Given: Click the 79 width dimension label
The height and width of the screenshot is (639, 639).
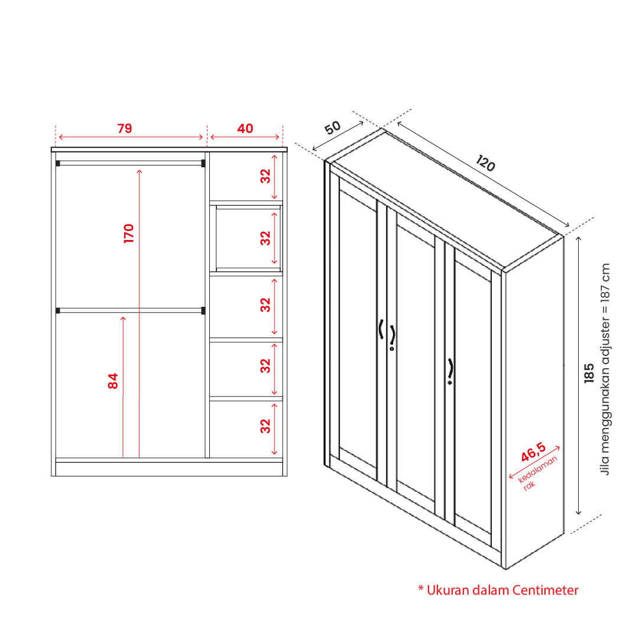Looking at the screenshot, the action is point(125,128).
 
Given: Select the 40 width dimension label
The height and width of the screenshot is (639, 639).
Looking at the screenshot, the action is point(245,128).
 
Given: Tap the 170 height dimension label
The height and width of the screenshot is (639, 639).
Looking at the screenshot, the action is point(129,233).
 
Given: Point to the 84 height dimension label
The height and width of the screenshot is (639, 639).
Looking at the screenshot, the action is point(113,381).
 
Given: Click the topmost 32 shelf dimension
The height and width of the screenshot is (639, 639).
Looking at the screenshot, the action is point(265,176).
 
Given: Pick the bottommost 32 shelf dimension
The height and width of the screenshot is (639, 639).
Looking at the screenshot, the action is point(265,426).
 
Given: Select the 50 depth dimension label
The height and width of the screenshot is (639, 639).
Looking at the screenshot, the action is point(333,128).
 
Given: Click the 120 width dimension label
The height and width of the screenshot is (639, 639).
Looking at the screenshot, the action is point(485,163).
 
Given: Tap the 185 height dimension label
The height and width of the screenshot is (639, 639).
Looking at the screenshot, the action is point(589,373).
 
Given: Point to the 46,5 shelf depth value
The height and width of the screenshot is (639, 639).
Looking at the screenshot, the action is point(533,452).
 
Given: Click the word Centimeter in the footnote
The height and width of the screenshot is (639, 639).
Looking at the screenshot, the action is point(545,590).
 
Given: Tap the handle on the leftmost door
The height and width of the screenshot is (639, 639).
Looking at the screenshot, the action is point(381,329).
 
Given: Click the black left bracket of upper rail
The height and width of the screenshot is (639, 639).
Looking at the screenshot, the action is point(58,163).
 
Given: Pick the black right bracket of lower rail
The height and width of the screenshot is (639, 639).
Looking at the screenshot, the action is point(203,311).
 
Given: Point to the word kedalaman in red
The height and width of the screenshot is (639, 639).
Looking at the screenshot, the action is point(537,469).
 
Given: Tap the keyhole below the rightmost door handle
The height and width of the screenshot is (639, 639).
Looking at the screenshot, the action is point(450,382).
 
